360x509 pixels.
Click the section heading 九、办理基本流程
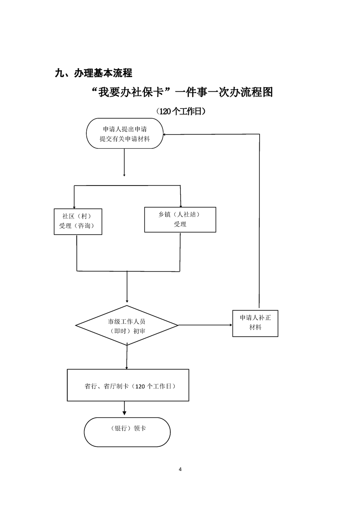tap(93, 73)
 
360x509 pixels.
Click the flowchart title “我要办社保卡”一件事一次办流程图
tap(182, 93)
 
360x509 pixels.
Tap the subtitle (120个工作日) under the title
tap(181, 112)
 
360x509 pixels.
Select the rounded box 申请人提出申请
tap(124, 133)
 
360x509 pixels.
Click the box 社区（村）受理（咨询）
tap(78, 221)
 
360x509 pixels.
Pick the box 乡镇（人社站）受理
tap(180, 220)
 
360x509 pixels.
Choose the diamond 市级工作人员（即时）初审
tap(127, 326)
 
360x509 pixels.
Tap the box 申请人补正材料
tap(255, 323)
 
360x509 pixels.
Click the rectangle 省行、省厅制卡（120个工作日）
tap(128, 385)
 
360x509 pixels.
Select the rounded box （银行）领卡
tap(127, 432)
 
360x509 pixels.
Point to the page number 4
tap(180, 469)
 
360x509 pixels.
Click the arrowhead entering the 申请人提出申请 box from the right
tap(166, 134)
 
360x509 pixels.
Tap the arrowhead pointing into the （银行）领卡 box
tap(125, 414)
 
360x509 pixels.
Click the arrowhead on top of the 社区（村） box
tap(74, 206)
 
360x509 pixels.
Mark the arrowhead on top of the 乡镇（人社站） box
tap(181, 205)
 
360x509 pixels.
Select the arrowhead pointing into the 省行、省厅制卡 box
tap(127, 367)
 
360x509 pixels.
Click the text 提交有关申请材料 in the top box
tap(124, 138)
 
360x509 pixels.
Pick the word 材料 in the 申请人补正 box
tap(255, 328)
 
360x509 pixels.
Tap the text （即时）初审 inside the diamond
tap(127, 331)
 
